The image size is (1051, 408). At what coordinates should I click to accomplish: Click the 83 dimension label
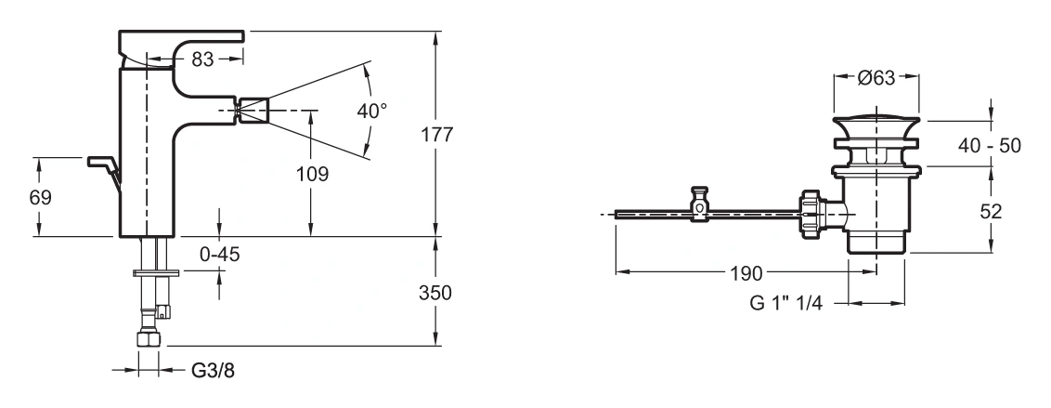tap(202, 59)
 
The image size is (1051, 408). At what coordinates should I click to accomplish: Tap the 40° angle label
tap(372, 111)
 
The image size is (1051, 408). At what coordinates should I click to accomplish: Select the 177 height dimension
tap(437, 134)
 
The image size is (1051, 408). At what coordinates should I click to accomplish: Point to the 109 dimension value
tap(312, 175)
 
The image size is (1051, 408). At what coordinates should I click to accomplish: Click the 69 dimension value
tap(40, 197)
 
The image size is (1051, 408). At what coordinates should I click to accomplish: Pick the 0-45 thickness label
tap(220, 255)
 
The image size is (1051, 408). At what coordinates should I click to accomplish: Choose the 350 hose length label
tap(435, 294)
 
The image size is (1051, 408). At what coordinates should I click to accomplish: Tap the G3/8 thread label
tap(214, 371)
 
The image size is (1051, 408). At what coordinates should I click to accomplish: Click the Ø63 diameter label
tap(876, 78)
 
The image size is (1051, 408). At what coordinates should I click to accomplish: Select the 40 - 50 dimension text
tap(990, 145)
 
